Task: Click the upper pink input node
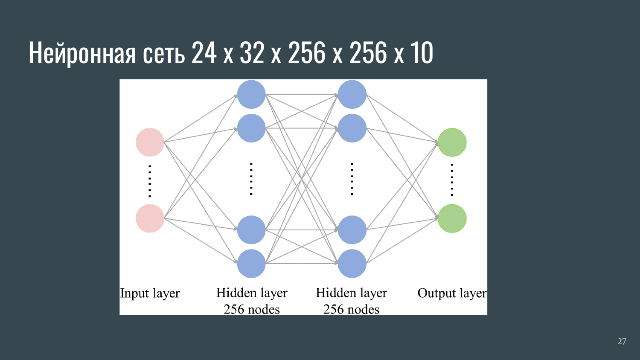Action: [x=150, y=142]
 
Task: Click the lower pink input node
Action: [x=150, y=218]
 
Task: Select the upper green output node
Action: [x=452, y=142]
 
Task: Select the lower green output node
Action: [x=452, y=218]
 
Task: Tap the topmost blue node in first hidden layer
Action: [x=251, y=94]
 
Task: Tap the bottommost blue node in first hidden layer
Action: [x=251, y=264]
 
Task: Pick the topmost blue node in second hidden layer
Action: [x=352, y=94]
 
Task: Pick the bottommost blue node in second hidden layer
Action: [x=352, y=264]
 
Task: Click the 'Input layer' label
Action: [x=150, y=293]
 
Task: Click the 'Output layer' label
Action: [x=452, y=293]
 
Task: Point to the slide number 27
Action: [x=622, y=341]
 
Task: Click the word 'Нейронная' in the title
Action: [x=82, y=53]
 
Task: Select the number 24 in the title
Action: [x=204, y=53]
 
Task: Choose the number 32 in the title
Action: [x=252, y=53]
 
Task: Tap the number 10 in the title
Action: [x=422, y=53]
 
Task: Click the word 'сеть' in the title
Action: [x=164, y=53]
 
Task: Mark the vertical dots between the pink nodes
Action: [x=150, y=180]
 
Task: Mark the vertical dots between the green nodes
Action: [x=452, y=180]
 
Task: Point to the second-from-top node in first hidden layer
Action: [x=251, y=128]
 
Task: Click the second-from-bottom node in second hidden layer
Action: [x=352, y=230]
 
